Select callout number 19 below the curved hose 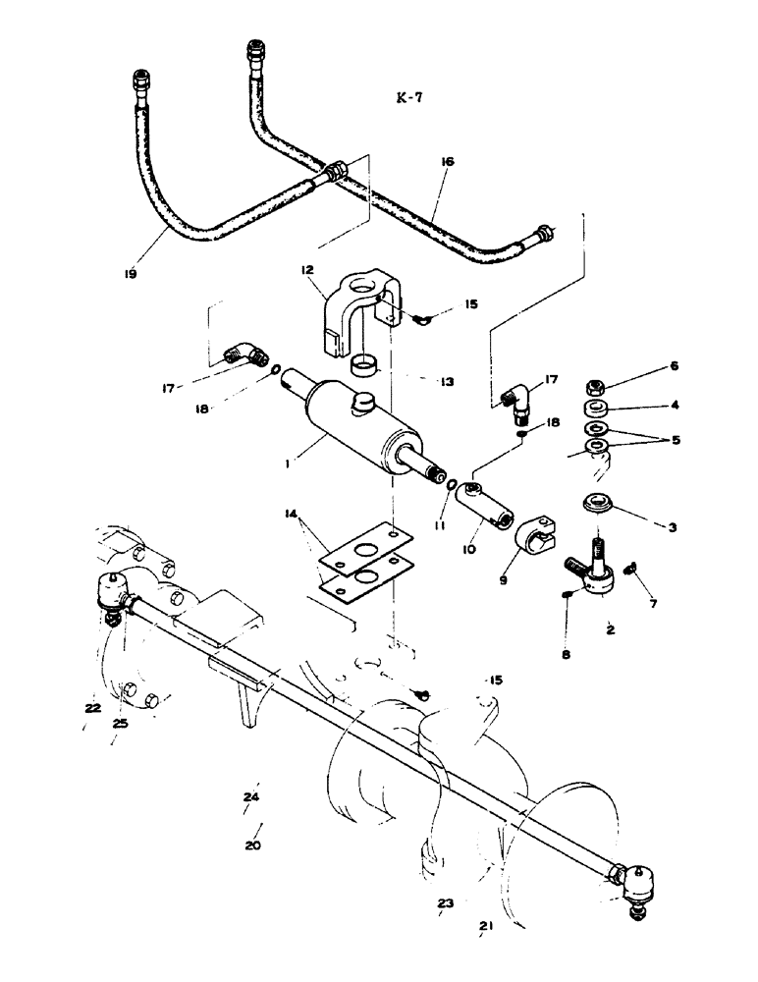click(x=130, y=275)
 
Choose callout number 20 click(x=254, y=844)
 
